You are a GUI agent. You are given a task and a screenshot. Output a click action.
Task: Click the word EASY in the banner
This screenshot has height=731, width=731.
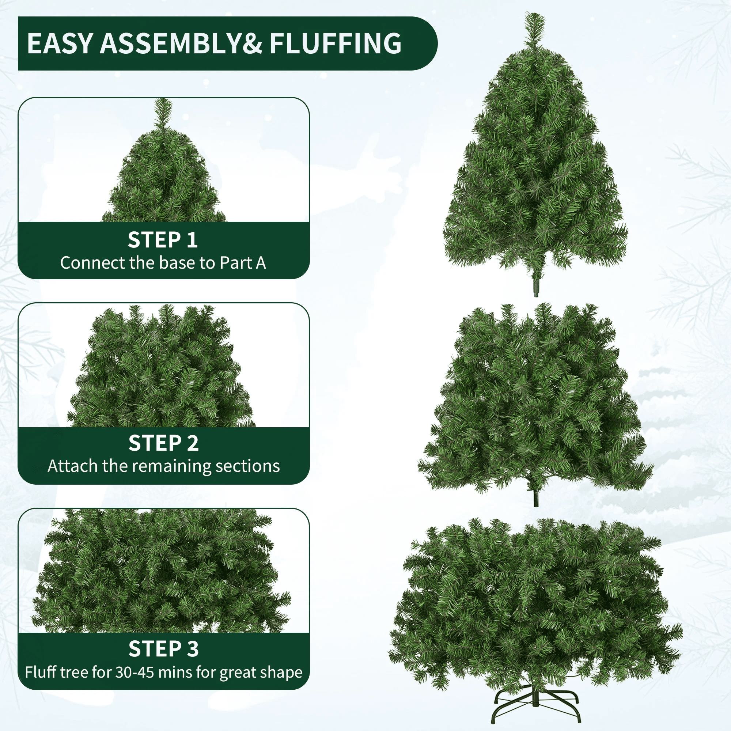click(60, 43)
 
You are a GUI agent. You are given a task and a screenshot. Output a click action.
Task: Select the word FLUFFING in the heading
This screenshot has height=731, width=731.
click(335, 43)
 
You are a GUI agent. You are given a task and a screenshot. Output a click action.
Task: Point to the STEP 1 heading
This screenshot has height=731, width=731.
click(163, 240)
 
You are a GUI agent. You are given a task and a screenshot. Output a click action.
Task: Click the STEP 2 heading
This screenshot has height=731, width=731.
click(163, 443)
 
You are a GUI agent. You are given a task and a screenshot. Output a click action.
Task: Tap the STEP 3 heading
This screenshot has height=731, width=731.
click(163, 648)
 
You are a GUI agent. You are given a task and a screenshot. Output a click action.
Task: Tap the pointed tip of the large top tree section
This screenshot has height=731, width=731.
click(535, 14)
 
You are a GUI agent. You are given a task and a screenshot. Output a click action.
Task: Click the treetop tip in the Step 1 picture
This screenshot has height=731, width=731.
click(163, 99)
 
